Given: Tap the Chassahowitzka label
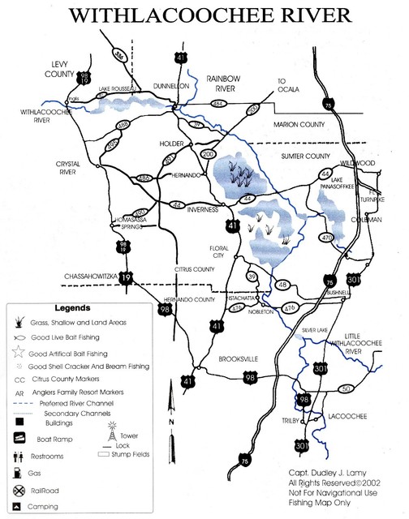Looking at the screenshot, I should (x=90, y=277).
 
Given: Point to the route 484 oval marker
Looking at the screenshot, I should (x=217, y=107).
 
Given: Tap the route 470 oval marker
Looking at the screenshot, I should (x=326, y=238).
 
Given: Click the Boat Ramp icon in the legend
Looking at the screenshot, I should (x=18, y=439).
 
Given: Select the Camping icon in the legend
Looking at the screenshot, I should (x=18, y=507).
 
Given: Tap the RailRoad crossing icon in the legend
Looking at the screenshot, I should (x=18, y=490).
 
